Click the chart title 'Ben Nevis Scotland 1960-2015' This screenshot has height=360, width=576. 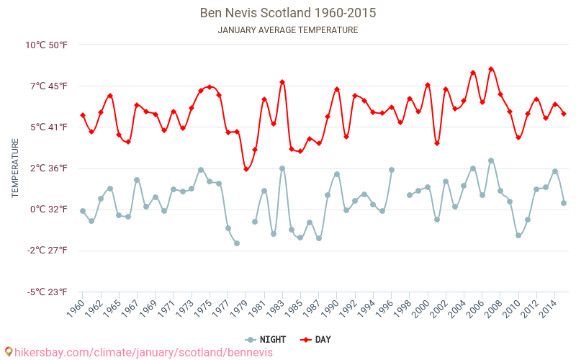click(287, 13)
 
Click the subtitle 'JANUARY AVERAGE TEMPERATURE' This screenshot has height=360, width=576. click(287, 30)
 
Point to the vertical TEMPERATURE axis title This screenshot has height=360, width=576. click(15, 168)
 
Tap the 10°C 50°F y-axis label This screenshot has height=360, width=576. click(47, 45)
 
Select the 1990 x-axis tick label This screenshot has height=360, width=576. click(330, 309)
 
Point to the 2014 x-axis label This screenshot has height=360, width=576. click(548, 309)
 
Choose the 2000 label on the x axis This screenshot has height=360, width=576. click(420, 309)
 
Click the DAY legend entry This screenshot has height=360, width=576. click(317, 340)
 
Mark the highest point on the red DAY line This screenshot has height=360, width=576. click(491, 69)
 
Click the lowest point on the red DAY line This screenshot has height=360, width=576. click(246, 169)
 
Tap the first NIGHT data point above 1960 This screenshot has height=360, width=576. click(83, 211)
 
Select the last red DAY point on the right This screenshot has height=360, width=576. click(564, 114)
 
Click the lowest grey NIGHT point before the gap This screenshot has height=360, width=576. click(237, 243)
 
